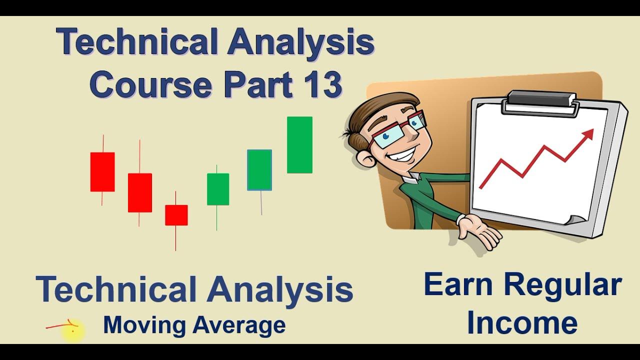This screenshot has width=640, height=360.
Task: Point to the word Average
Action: [239, 325]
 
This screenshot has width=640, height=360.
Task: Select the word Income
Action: [522, 323]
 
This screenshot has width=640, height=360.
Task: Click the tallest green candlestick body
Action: [299, 145]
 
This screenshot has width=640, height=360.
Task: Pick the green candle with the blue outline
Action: [259, 170]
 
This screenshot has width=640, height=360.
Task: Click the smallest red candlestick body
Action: [176, 215]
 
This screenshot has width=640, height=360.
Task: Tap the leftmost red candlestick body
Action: [102, 172]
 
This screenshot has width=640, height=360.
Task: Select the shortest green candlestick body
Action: [218, 189]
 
